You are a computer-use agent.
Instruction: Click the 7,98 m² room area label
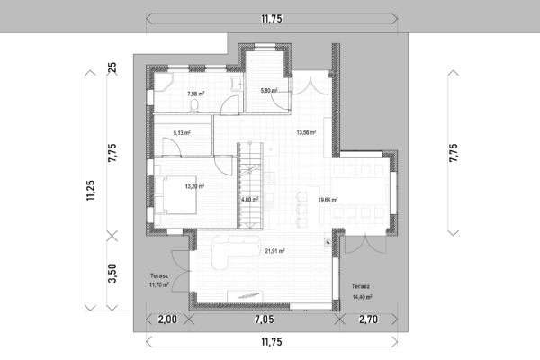(x=196, y=94)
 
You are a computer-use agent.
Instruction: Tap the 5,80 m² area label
(x=269, y=91)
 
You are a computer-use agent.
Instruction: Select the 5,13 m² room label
(x=182, y=132)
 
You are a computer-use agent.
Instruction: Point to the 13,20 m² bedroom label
(x=195, y=186)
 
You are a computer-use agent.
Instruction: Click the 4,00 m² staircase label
(x=249, y=200)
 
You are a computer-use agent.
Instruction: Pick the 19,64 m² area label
(x=328, y=200)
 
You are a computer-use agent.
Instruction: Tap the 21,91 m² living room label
(x=274, y=251)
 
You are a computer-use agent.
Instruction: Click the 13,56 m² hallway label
(x=307, y=132)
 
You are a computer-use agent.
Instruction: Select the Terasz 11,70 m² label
(x=159, y=281)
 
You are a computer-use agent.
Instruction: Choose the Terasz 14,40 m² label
(x=362, y=292)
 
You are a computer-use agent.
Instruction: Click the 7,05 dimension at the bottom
(x=265, y=319)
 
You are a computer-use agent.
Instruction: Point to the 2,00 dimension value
(x=167, y=319)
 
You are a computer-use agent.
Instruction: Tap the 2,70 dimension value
(x=368, y=319)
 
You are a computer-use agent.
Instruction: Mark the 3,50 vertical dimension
(x=112, y=274)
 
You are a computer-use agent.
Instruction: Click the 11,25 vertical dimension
(x=91, y=191)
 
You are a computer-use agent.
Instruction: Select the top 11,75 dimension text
(x=272, y=19)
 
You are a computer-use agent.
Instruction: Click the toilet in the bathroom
(x=194, y=106)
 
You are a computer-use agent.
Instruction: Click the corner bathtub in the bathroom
(x=163, y=82)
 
